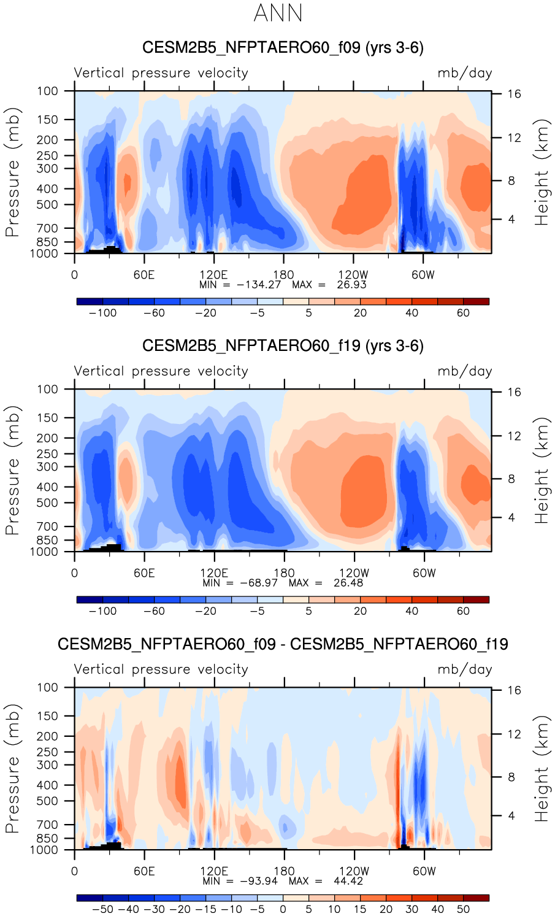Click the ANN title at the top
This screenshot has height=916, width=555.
click(278, 13)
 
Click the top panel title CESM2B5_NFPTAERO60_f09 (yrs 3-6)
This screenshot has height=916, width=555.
click(283, 48)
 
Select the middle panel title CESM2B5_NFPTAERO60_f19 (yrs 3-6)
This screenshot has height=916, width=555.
click(283, 346)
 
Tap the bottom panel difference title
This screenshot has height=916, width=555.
click(283, 644)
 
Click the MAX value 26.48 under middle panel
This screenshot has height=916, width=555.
click(348, 583)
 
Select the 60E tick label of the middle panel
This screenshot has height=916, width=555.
click(144, 573)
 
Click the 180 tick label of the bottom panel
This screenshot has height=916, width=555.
click(284, 871)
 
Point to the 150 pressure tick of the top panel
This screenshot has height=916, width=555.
click(47, 120)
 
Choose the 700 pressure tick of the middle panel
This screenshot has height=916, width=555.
click(47, 526)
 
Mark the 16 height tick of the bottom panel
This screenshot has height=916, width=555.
click(514, 690)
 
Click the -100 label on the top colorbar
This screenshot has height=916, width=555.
click(103, 313)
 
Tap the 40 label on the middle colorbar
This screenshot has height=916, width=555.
click(412, 611)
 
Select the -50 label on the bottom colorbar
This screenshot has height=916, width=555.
click(103, 909)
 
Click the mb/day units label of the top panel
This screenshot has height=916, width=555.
click(465, 73)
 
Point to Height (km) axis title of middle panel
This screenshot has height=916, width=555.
click(542, 471)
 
